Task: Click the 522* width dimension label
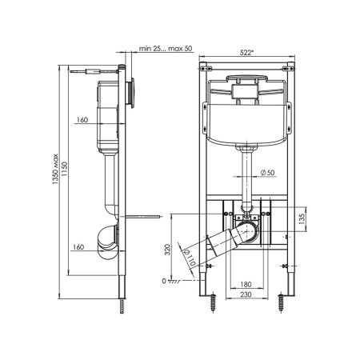246,53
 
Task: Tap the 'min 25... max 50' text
166,49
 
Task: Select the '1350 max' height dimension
55,170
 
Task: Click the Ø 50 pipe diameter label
267,173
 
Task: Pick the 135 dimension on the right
302,219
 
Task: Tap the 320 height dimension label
167,250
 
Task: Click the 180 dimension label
246,284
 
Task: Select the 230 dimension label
246,294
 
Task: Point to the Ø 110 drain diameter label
190,258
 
